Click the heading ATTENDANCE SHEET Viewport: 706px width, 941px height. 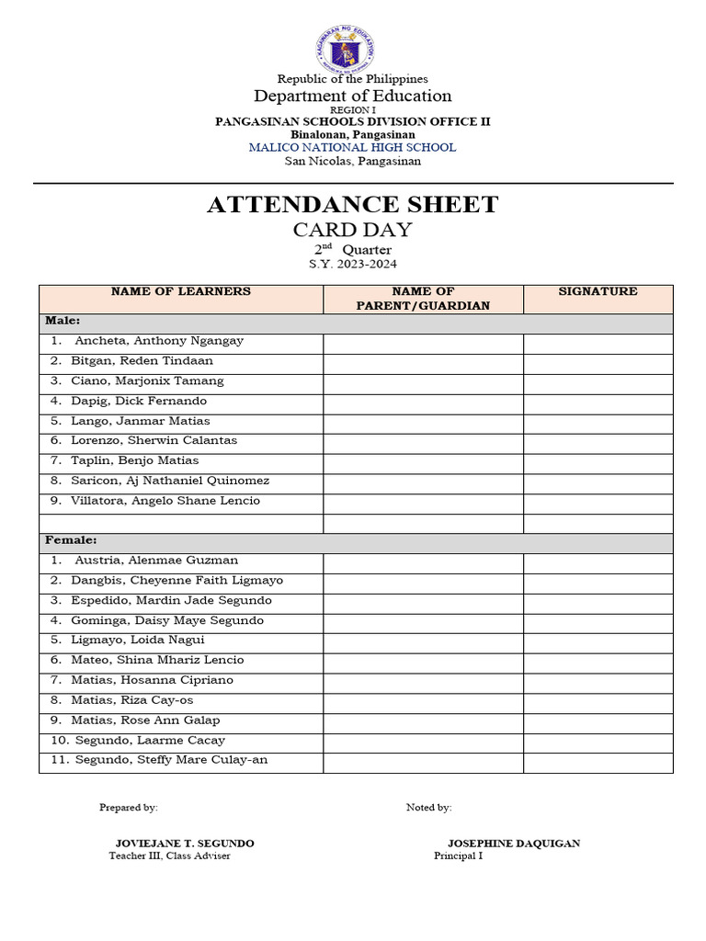353,204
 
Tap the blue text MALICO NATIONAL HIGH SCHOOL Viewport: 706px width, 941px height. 353,147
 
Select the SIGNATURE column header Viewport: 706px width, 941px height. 598,291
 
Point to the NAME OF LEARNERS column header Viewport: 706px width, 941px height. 180,291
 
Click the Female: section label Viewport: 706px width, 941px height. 71,540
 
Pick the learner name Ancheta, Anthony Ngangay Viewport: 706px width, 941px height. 158,341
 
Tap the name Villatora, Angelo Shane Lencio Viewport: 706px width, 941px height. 165,501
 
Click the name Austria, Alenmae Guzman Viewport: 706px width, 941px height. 155,561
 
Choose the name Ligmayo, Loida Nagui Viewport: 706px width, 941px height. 137,641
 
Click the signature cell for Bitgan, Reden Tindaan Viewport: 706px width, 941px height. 598,361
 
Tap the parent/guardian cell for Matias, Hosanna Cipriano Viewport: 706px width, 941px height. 423,680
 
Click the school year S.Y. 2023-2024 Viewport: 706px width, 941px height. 353,265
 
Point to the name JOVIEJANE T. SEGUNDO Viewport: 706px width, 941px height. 185,843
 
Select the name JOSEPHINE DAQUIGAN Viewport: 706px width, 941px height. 513,843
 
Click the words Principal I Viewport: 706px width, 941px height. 458,856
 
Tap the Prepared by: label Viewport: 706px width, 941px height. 129,808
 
